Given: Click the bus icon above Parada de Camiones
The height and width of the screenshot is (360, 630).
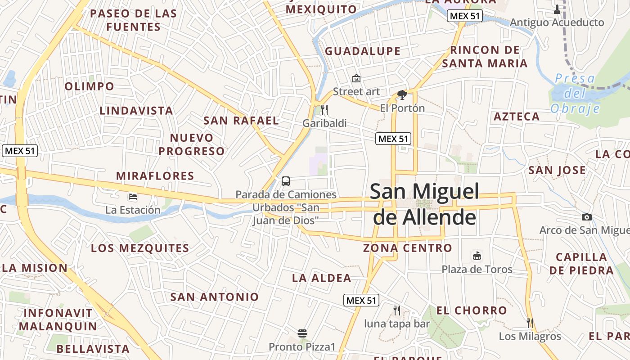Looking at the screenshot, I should click(x=286, y=181).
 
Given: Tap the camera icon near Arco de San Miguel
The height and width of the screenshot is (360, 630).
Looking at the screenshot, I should click(x=586, y=217).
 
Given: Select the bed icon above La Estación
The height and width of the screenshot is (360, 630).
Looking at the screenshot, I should click(x=133, y=196).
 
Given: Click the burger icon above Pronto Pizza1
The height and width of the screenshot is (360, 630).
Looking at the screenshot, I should click(x=302, y=333).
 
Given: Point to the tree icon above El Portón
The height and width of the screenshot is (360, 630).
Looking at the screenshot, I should click(x=402, y=94).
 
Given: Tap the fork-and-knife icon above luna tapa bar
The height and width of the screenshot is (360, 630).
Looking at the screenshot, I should click(x=396, y=310).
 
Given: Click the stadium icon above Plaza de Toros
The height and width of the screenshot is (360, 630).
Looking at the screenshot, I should click(x=477, y=256).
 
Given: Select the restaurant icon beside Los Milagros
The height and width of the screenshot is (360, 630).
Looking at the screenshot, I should click(x=530, y=323).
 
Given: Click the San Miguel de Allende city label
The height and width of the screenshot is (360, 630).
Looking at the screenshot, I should click(x=424, y=204).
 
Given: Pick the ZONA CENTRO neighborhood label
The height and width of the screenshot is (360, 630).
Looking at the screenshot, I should click(x=407, y=248).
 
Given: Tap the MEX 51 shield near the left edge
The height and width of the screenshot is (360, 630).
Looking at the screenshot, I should click(x=20, y=151).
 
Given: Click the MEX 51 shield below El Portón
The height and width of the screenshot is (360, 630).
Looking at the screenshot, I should click(x=393, y=139).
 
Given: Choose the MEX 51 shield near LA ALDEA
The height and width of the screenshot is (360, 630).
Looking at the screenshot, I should click(x=361, y=300).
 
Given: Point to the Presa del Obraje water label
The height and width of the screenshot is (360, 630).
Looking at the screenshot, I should click(x=575, y=94).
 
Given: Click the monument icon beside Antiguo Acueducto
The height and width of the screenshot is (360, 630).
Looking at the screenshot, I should click(x=557, y=9).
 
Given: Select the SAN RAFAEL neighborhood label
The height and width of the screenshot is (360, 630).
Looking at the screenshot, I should click(x=241, y=121).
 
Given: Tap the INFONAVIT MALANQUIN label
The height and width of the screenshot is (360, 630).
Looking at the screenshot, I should click(x=58, y=319).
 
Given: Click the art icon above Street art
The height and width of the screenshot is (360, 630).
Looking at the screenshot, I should click(x=356, y=78).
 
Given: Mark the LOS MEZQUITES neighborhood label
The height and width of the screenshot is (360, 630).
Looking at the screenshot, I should click(x=140, y=248).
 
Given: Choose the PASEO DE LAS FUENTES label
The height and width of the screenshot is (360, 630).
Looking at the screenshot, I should click(x=133, y=20).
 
